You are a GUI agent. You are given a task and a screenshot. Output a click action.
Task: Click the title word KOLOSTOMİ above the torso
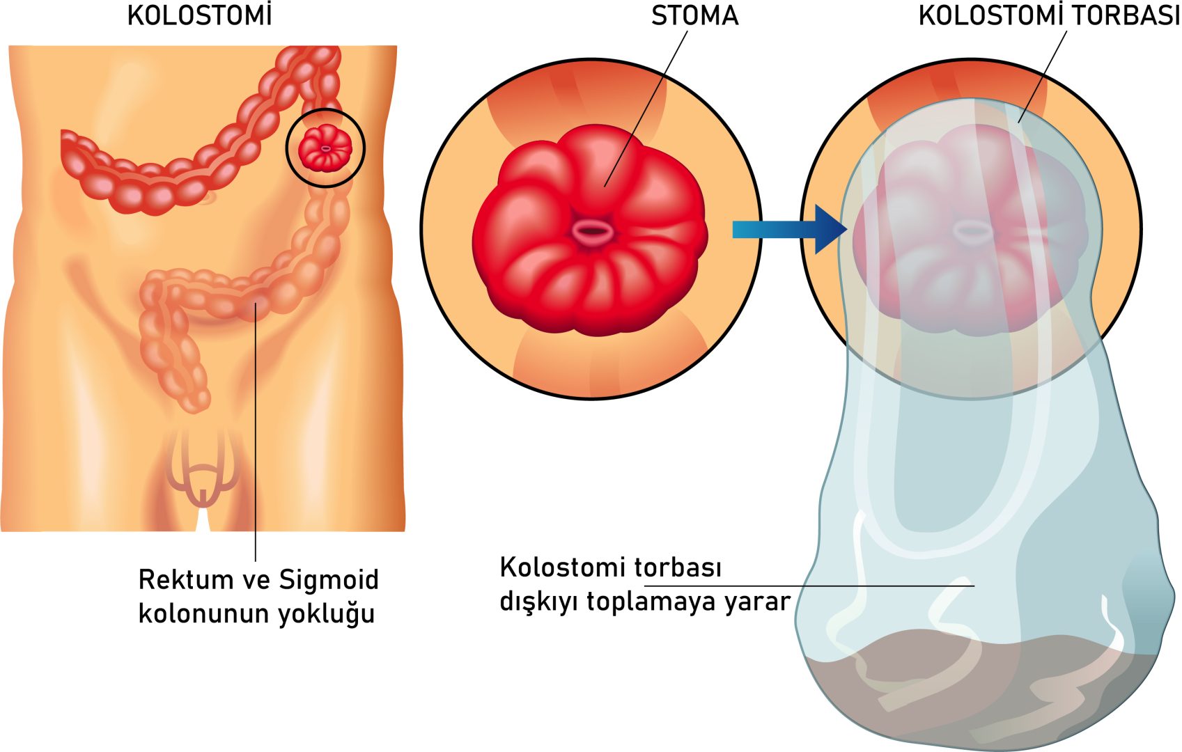[199, 16]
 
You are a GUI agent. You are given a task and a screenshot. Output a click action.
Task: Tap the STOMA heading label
[694, 16]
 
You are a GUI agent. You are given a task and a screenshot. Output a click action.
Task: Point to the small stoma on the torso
[325, 148]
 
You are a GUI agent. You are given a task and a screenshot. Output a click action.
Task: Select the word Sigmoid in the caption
[329, 580]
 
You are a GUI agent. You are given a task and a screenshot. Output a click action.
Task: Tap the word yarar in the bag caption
[757, 602]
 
